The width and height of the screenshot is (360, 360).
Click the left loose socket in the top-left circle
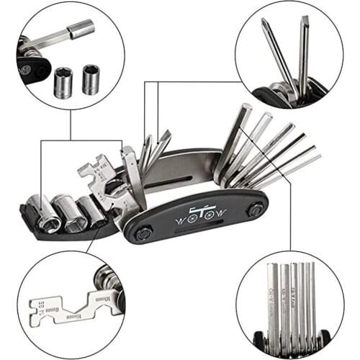click(63, 84)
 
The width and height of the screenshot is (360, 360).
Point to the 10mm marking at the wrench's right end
click(103, 300)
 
